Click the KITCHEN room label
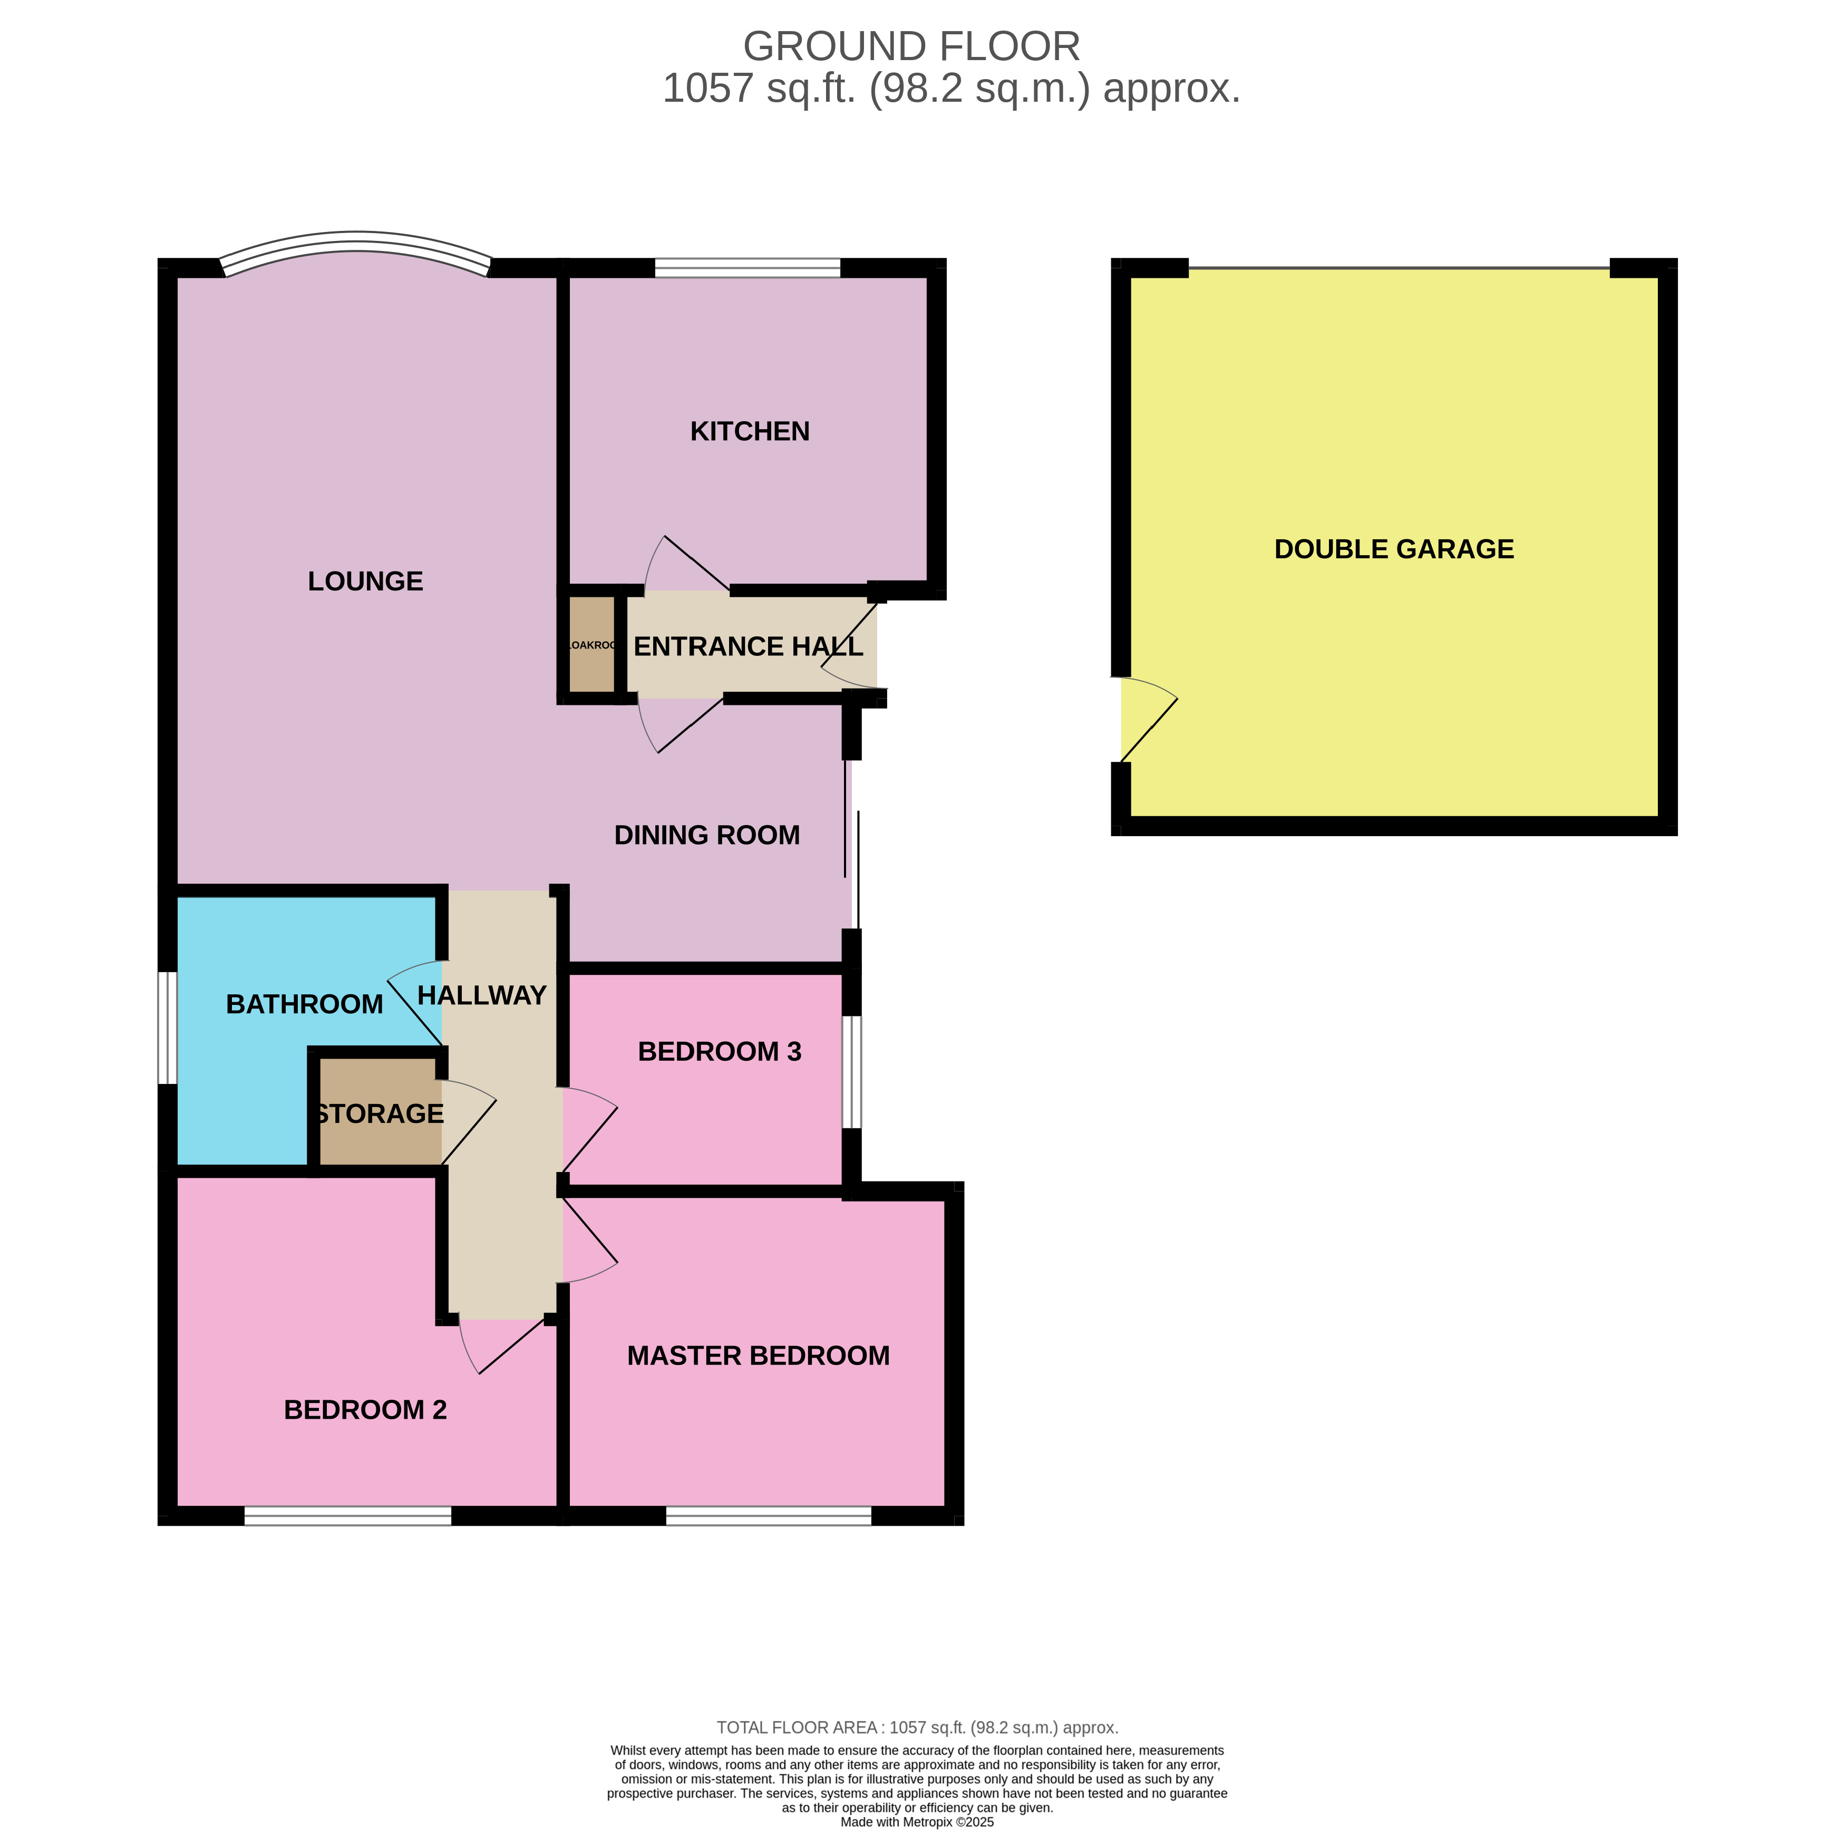[750, 431]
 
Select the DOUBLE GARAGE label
[1393, 549]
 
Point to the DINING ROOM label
[707, 835]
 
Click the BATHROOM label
[304, 1004]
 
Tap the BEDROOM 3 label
[719, 1052]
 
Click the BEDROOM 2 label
[365, 1410]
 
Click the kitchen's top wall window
[747, 268]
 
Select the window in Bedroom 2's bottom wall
[347, 1516]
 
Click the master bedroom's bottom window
[769, 1516]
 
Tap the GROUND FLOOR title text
[911, 46]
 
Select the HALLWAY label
[481, 996]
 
